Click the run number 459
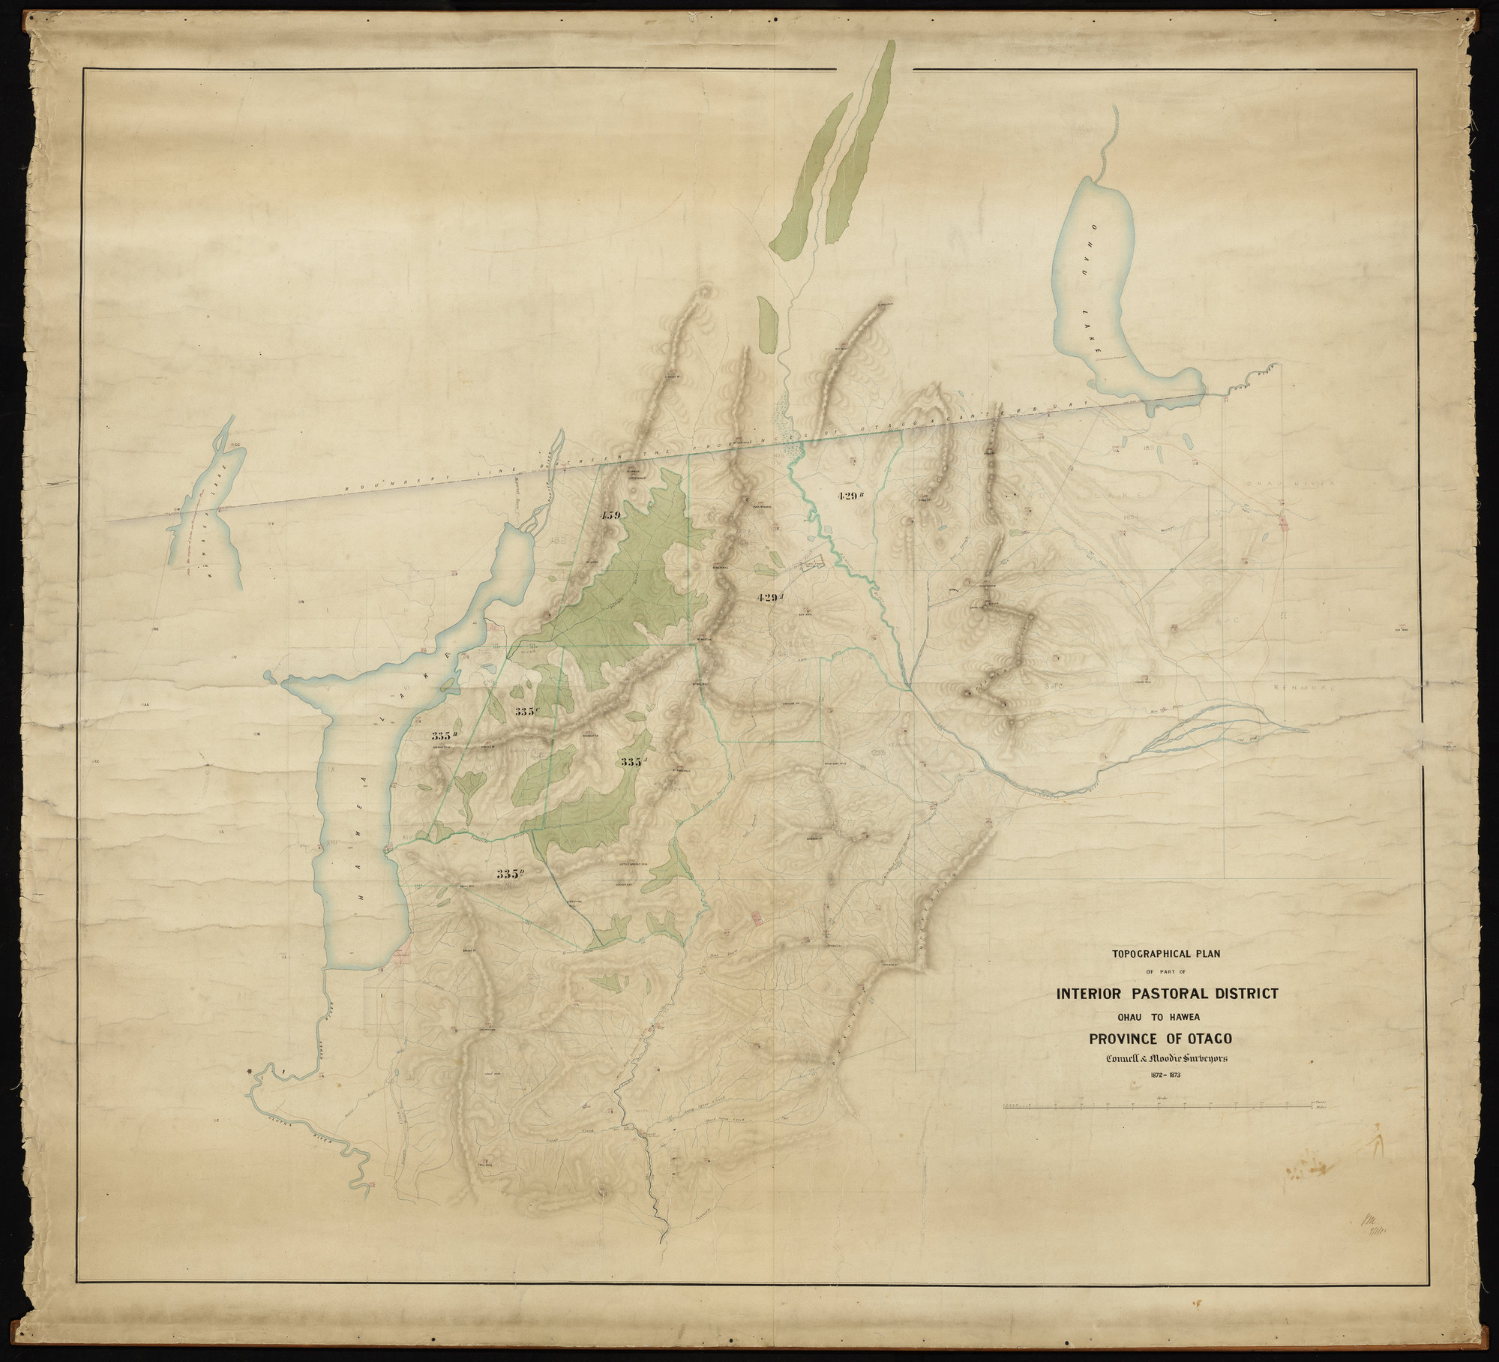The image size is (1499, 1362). coord(611,515)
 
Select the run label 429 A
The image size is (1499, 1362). coord(772,598)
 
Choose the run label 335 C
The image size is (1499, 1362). coord(528,710)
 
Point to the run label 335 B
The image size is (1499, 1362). coord(445,735)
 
